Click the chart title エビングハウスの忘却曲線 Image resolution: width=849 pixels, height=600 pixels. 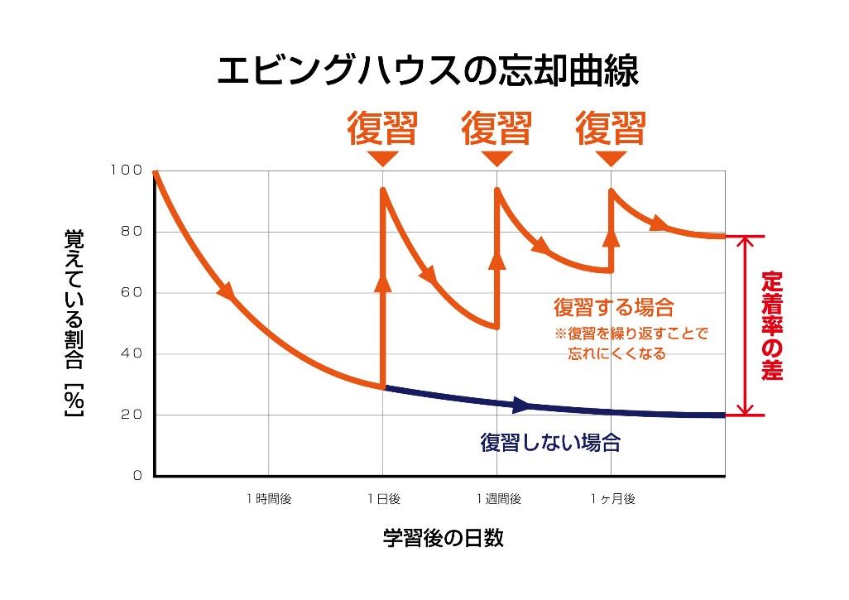[x=427, y=71]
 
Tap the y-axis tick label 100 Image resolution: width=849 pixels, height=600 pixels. [x=126, y=170]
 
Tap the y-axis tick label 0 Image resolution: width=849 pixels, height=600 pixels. [x=137, y=476]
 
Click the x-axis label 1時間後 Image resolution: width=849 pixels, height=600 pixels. [x=269, y=499]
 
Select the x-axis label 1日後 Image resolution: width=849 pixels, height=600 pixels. [x=383, y=499]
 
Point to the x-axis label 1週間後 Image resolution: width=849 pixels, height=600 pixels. [x=497, y=499]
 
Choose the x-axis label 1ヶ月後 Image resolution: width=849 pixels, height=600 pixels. [x=612, y=499]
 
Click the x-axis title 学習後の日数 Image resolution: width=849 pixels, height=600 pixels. [x=443, y=539]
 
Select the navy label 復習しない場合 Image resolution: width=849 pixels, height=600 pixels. [x=549, y=443]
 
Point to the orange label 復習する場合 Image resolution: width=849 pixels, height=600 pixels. [x=614, y=308]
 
